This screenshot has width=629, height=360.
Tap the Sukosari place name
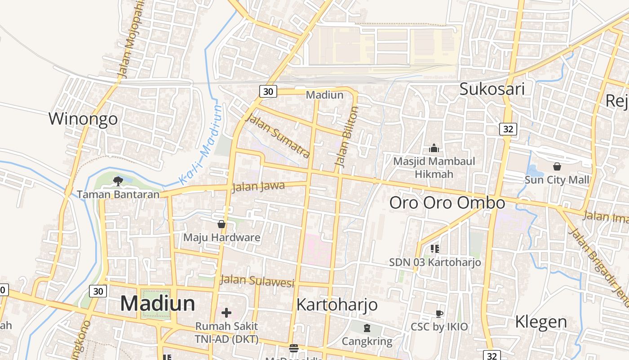[492, 89]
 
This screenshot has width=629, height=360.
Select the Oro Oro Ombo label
[447, 203]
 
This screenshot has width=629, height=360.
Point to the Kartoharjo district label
[337, 305]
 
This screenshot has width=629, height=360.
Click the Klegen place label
[541, 322]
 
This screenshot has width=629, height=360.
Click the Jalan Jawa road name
[258, 186]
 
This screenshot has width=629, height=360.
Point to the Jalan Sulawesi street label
[257, 281]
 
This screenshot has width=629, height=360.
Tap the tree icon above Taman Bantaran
[118, 181]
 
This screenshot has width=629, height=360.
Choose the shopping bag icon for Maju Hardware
[221, 224]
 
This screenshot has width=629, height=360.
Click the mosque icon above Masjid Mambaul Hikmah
[434, 148]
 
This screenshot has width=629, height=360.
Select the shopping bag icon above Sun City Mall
[557, 167]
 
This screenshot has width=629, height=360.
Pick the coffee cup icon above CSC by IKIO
[439, 314]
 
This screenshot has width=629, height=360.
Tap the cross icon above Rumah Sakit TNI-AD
[226, 312]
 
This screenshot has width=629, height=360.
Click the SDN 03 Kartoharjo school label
[435, 262]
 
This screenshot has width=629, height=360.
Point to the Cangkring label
[367, 341]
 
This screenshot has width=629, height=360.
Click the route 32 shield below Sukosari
[508, 129]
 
